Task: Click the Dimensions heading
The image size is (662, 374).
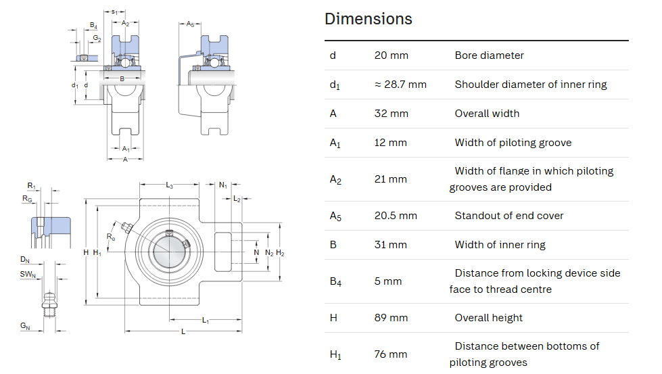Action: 368,19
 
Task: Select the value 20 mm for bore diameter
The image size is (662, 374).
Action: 391,55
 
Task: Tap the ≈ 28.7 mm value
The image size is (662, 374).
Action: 400,85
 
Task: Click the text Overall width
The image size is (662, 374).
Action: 487,114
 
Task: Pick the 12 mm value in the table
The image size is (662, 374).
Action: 390,143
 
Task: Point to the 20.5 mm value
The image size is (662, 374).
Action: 395,216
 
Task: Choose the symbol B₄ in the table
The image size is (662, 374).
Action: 335,281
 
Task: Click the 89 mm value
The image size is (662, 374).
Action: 391,318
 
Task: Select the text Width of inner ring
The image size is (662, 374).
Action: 500,245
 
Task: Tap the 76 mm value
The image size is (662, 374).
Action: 391,354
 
